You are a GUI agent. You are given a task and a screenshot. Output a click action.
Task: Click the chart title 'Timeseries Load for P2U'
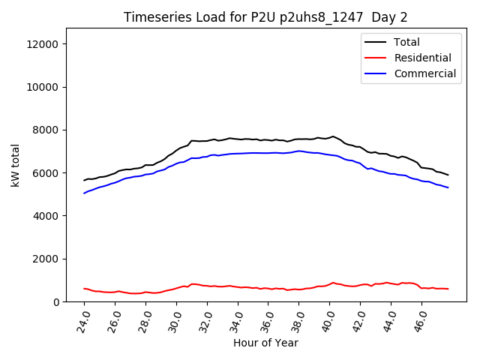pos(265,17)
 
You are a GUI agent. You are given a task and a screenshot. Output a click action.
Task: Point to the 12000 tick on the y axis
pos(43,44)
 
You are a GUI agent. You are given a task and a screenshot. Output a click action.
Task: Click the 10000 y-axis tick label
pos(43,87)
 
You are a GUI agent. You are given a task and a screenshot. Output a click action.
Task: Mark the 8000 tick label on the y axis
pos(46,130)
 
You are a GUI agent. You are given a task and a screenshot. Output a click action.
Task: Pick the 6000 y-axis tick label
pos(46,172)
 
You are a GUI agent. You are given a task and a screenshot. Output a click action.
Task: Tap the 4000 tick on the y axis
pos(46,216)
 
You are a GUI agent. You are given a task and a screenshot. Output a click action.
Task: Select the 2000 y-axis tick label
pos(46,259)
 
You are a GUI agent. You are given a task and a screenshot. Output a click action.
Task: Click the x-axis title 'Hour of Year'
pos(265,343)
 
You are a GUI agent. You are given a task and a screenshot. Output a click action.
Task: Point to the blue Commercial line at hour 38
pos(298,151)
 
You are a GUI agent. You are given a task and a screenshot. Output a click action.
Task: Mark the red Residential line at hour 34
pos(238,286)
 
